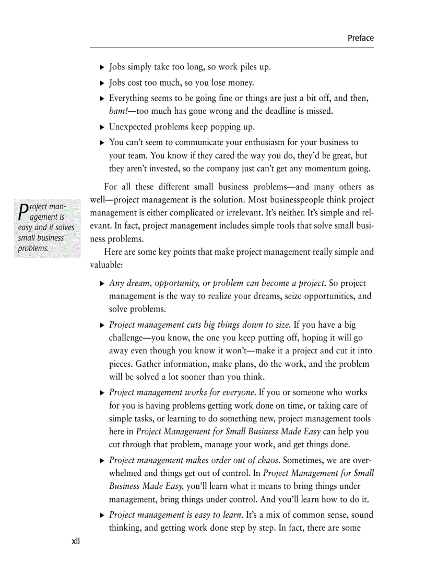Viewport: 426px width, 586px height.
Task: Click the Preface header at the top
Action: (x=360, y=38)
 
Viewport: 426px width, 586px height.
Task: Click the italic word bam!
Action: (x=117, y=111)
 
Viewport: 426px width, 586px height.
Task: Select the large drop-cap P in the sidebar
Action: (x=22, y=211)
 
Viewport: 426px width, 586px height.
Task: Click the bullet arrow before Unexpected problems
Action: (x=102, y=127)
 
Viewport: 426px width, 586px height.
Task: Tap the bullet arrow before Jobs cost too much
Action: (x=102, y=83)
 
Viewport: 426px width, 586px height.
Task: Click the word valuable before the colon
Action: (x=105, y=265)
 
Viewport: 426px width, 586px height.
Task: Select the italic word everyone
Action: (x=239, y=392)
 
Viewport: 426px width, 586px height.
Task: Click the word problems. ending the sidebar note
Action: (x=33, y=248)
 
